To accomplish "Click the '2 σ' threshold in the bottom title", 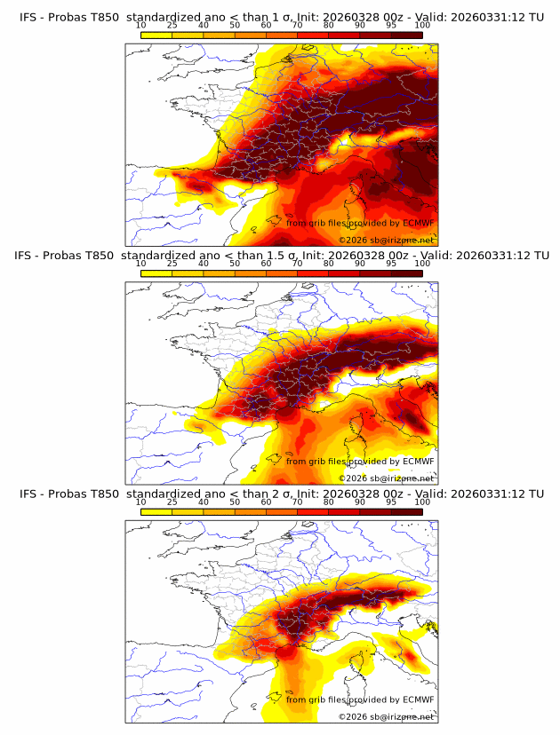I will point(283,494).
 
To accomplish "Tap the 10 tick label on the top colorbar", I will point(140,27).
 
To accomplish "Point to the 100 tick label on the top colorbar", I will point(422,27).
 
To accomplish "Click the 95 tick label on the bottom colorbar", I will point(391,502).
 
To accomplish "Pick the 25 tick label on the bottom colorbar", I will point(172,502).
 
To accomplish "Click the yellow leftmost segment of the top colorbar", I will point(156,35).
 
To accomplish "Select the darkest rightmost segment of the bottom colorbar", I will point(406,512).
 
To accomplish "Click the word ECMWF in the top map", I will point(418,224).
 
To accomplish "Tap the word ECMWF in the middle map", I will point(418,462).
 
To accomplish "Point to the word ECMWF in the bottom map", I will point(418,699).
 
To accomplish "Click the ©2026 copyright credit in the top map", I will point(387,241).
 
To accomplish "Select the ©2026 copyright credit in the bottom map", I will point(387,716).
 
